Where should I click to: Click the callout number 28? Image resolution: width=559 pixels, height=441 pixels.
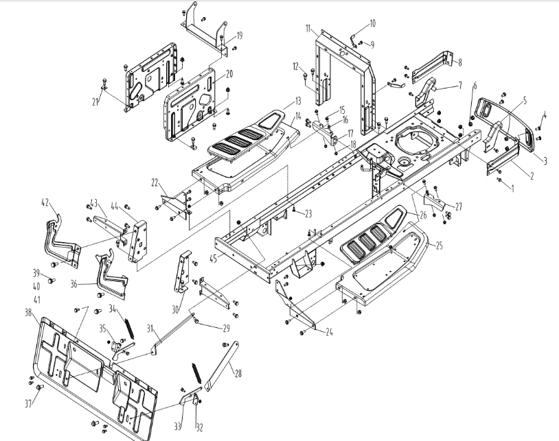pyautogui.click(x=238, y=373)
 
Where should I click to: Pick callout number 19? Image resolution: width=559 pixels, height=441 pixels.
pyautogui.click(x=240, y=35)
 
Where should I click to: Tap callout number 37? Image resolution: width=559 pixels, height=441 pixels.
pyautogui.click(x=28, y=403)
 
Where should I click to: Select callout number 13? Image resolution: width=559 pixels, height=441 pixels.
pyautogui.click(x=279, y=100)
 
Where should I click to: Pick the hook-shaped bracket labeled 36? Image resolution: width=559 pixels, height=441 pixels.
pyautogui.click(x=111, y=275)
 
